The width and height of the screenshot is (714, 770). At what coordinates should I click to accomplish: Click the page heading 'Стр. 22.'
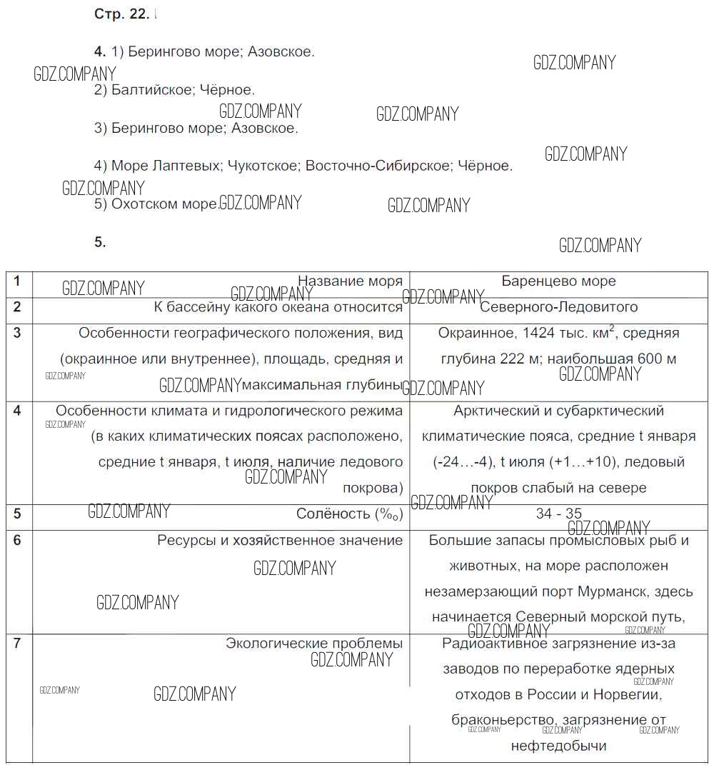[x=121, y=14]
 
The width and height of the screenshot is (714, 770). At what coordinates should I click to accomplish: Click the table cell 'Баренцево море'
[x=558, y=281]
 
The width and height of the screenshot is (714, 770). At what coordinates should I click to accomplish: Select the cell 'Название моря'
[x=350, y=281]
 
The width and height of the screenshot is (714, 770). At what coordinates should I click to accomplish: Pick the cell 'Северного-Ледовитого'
[x=558, y=307]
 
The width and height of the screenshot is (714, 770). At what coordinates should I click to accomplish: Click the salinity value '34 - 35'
[x=558, y=514]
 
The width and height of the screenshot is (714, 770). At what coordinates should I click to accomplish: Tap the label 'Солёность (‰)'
[x=349, y=514]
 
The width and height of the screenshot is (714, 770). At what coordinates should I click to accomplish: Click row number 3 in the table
[x=18, y=333]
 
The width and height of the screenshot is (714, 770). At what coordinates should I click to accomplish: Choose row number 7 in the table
[x=18, y=643]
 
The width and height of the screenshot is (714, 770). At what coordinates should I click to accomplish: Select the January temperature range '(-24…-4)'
[x=463, y=462]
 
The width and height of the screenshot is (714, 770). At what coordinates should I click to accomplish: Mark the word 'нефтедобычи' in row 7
[x=558, y=746]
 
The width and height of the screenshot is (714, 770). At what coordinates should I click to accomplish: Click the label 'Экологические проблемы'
[x=314, y=643]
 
